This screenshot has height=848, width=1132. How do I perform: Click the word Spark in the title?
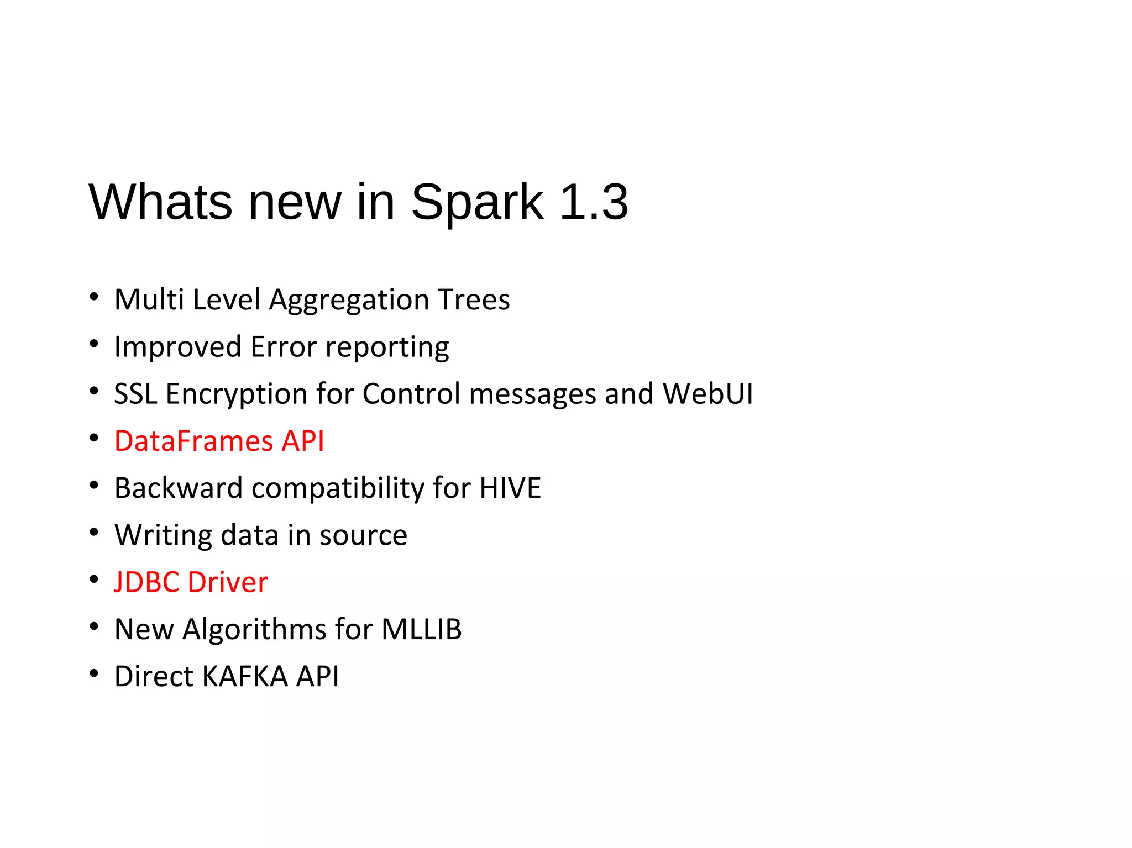click(478, 202)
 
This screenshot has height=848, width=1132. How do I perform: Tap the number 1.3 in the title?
click(594, 202)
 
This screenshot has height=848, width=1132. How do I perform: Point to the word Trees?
click(474, 300)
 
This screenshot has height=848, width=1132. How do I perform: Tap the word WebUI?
click(707, 394)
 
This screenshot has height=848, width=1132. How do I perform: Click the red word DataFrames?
click(193, 441)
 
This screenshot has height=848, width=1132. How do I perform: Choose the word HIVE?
click(510, 488)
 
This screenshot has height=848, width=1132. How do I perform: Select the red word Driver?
click(228, 582)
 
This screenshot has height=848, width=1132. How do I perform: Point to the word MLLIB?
click(421, 629)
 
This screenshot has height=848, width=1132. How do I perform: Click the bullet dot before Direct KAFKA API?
click(94, 673)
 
